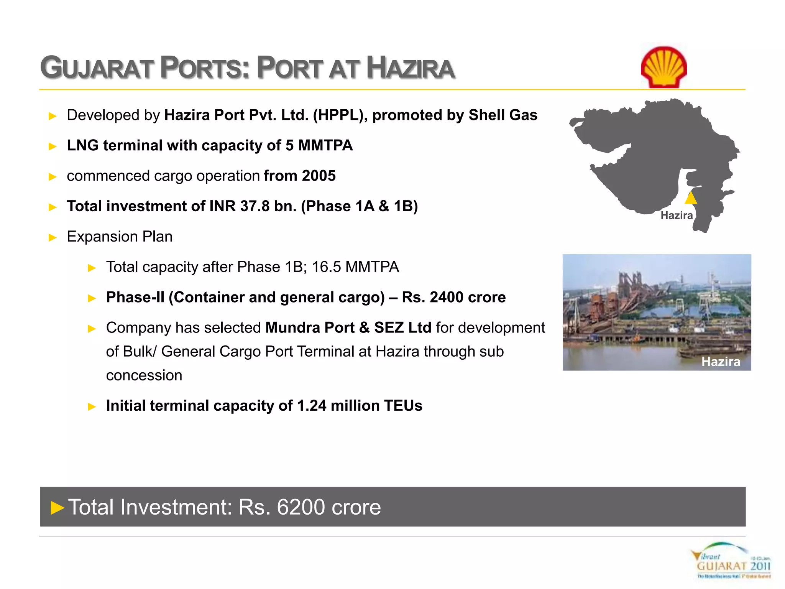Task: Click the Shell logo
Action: tap(664, 67)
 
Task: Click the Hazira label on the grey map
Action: tap(677, 216)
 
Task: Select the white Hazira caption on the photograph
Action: tap(721, 362)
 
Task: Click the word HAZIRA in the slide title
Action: tap(410, 68)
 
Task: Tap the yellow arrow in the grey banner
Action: tap(57, 508)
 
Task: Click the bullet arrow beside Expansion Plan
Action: tap(53, 237)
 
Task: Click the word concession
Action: tap(144, 375)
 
